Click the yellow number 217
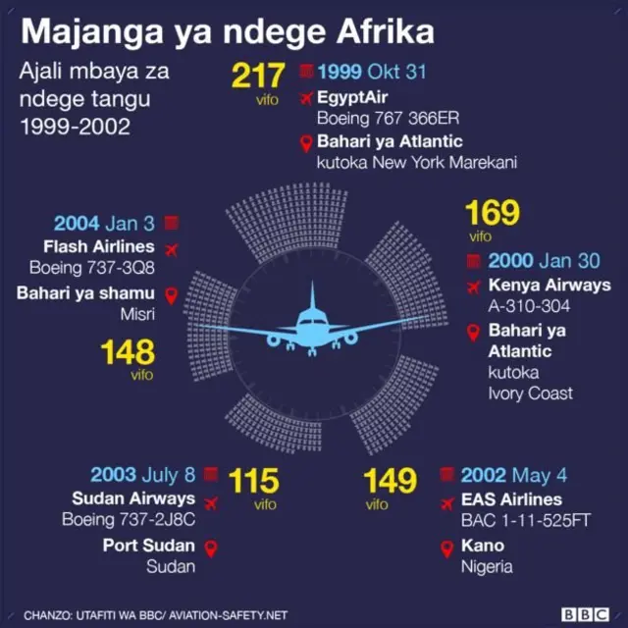point(258,77)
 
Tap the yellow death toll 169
point(493,214)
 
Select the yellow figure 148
point(128,352)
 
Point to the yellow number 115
point(253,482)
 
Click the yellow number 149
point(390,482)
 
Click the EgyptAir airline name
point(353,98)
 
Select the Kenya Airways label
point(542,287)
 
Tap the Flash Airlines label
point(99,245)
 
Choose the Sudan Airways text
point(133,498)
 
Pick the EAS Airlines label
point(512,498)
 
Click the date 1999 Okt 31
point(372,73)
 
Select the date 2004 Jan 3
point(104,224)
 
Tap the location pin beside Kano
point(446,547)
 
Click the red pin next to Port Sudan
point(209,547)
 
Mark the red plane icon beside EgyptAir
point(305,98)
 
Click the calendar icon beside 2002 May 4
point(446,475)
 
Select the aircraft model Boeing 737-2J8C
point(129,520)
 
